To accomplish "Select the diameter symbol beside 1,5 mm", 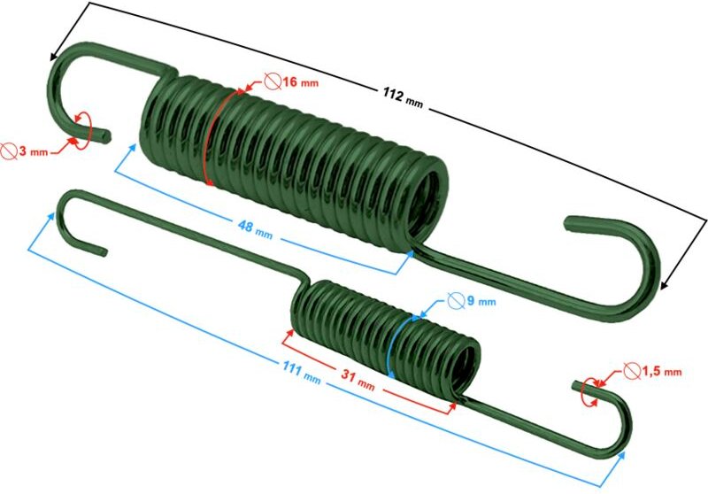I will pyautogui.click(x=631, y=370).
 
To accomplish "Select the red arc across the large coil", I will pyautogui.click(x=218, y=133).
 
